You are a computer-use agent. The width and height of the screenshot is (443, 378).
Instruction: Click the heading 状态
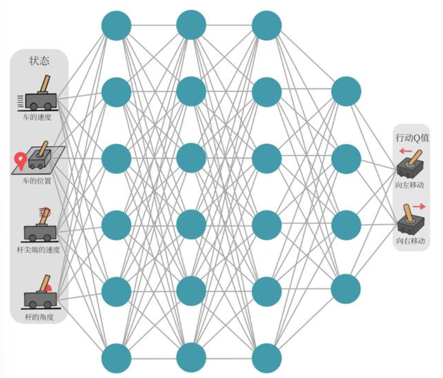39,61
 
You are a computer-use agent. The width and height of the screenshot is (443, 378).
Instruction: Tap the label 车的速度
38,117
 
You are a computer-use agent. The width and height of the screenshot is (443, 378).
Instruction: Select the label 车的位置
38,181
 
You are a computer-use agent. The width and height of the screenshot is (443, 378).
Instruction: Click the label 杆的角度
40,317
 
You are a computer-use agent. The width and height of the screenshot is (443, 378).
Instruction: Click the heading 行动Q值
411,139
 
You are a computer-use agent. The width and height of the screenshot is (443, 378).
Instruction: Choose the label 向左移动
410,186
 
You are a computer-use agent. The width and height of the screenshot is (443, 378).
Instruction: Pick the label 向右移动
411,241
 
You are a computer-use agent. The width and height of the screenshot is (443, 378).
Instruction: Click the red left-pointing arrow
405,151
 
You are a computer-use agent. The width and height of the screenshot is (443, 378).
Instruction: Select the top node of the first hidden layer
116,26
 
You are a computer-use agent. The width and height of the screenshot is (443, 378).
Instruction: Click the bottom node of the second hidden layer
191,358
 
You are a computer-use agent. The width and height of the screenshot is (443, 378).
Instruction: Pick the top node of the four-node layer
346,91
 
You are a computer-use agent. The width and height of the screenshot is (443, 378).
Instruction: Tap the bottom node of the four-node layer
346,289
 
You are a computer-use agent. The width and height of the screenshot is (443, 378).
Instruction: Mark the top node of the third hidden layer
266,26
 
